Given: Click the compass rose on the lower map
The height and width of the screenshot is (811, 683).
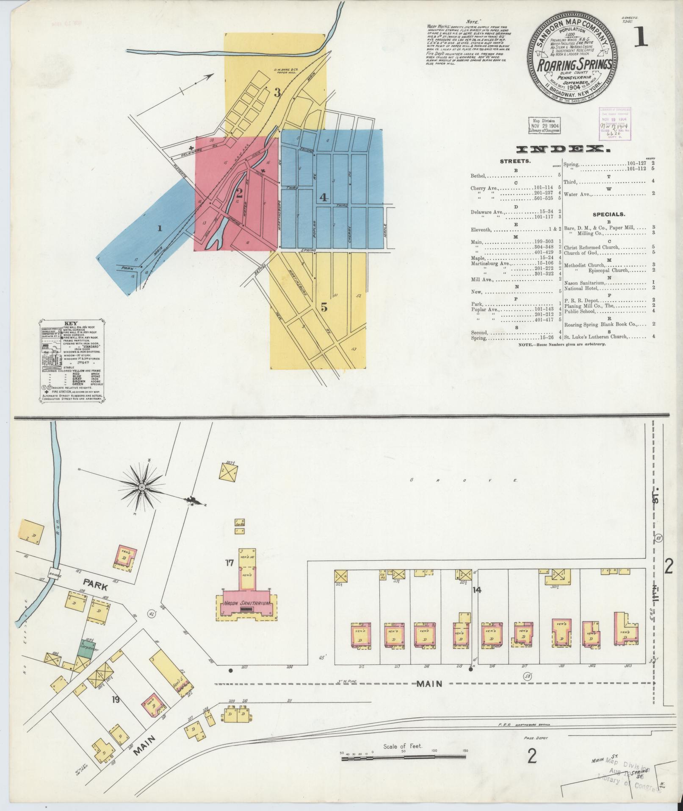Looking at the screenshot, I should pyautogui.click(x=142, y=488).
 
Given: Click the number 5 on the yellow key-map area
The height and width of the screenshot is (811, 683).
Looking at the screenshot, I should pyautogui.click(x=324, y=308).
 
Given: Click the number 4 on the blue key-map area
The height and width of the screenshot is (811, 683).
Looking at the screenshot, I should pyautogui.click(x=324, y=198).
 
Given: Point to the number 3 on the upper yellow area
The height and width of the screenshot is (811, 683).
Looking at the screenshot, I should pyautogui.click(x=277, y=92).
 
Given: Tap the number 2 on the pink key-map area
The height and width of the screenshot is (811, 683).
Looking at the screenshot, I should pyautogui.click(x=239, y=194).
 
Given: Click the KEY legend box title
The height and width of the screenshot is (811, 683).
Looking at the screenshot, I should pyautogui.click(x=73, y=323).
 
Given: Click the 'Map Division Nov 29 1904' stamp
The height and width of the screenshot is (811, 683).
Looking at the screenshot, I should pyautogui.click(x=544, y=125).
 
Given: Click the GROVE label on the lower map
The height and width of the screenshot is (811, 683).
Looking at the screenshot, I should pyautogui.click(x=464, y=480).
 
